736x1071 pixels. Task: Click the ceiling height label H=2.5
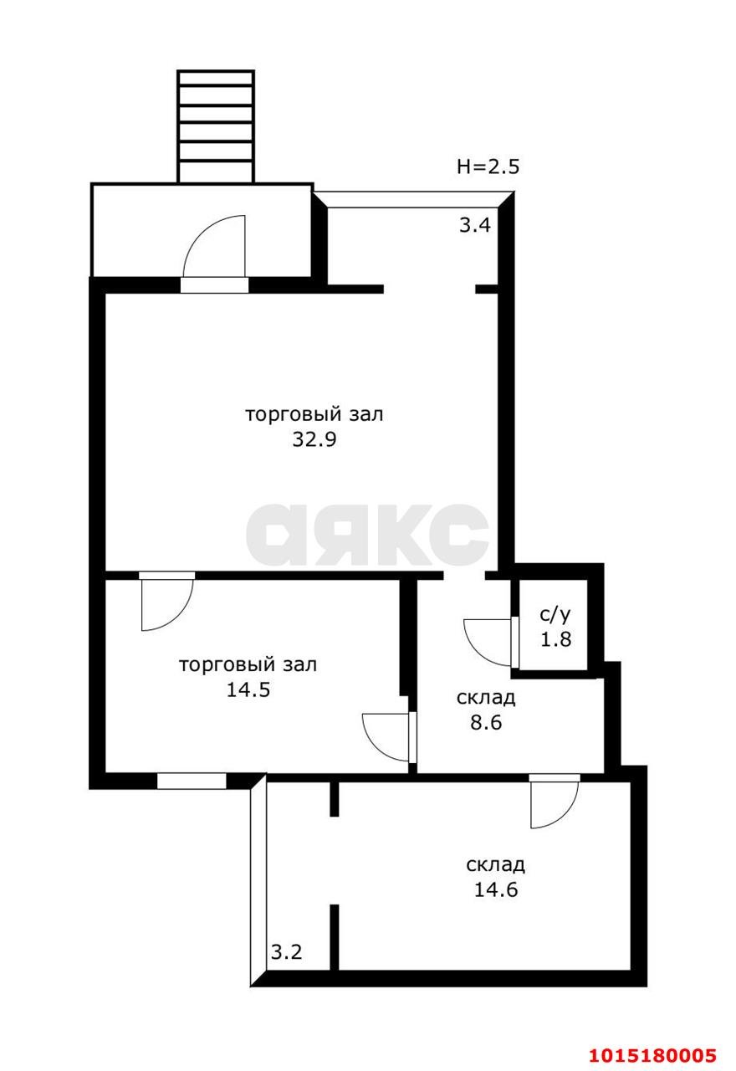(488, 167)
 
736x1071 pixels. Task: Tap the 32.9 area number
(314, 440)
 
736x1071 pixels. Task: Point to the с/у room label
(555, 615)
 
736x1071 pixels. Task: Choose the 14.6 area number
(496, 889)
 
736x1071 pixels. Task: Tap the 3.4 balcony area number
(474, 224)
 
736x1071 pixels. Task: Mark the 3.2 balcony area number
(286, 951)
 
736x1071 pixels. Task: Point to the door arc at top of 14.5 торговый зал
(167, 604)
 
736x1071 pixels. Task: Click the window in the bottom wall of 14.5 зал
(192, 781)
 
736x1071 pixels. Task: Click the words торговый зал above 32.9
(314, 414)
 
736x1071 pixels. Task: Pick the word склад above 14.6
(496, 864)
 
